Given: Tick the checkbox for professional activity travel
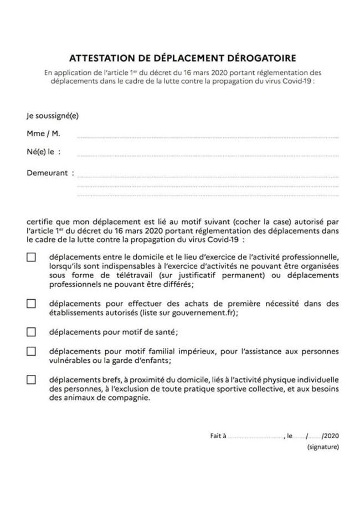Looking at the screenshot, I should (x=32, y=257).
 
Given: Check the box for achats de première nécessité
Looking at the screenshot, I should (x=32, y=304).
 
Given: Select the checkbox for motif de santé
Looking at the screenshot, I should (x=32, y=332).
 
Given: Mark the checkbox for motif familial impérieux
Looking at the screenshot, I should (x=32, y=351).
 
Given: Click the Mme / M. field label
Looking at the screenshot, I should (x=43, y=134).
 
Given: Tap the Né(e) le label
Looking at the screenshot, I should (x=43, y=151).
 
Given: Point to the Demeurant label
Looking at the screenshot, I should (x=50, y=173).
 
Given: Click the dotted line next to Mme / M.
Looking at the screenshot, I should (x=208, y=136).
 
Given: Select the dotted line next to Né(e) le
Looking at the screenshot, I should (x=208, y=154).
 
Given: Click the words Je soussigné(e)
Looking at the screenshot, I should (x=53, y=116).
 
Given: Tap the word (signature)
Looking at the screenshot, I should (x=323, y=447).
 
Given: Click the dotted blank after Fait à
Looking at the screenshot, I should (x=255, y=437).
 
